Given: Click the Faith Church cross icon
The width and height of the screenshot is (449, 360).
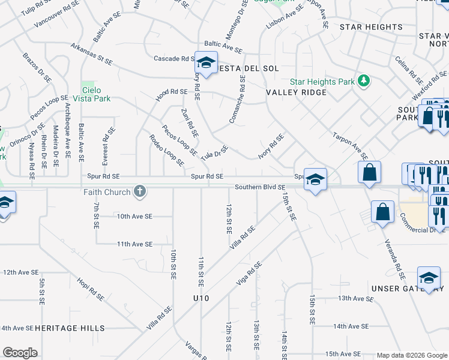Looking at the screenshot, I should (140, 192).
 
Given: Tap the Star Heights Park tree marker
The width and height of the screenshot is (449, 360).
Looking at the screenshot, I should (363, 81).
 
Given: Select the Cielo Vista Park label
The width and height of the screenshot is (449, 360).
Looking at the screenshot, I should (92, 93).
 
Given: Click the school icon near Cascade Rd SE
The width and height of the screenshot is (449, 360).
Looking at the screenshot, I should (206, 62).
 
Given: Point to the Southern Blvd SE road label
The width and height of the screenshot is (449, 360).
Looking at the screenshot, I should (259, 187).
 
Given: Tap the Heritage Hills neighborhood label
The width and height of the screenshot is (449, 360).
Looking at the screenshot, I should (70, 328).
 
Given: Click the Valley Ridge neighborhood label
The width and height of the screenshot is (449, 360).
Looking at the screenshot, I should (297, 92).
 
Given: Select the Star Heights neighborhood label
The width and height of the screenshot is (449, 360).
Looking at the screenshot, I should (371, 27).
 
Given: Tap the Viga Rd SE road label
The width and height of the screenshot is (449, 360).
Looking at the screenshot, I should (250, 273).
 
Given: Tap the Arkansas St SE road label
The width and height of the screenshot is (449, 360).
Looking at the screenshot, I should (91, 54).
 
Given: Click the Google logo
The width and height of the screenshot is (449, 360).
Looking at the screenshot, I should (20, 353).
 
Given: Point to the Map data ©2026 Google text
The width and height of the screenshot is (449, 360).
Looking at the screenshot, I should (411, 355).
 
